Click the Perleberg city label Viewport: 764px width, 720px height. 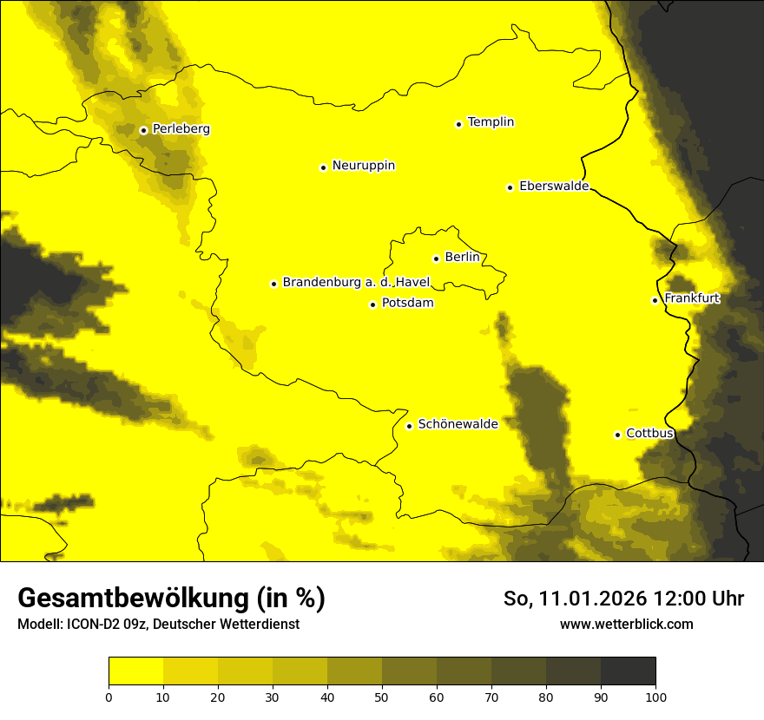[181, 129]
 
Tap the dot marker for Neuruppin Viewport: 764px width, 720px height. [323, 167]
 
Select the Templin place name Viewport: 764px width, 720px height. [491, 122]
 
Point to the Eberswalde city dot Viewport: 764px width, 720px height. [510, 187]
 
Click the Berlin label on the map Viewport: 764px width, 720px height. [462, 258]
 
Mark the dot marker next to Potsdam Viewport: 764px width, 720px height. [372, 304]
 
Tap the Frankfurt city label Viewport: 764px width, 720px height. [692, 298]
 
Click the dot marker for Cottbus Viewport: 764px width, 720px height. [617, 435]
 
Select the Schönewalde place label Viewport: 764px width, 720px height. [458, 424]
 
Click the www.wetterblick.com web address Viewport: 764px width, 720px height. [626, 624]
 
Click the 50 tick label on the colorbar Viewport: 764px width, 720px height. [382, 696]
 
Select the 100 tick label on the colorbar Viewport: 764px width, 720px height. [655, 696]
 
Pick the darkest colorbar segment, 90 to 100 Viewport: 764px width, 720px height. [628, 671]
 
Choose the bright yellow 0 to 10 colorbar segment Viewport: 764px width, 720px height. [135, 671]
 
